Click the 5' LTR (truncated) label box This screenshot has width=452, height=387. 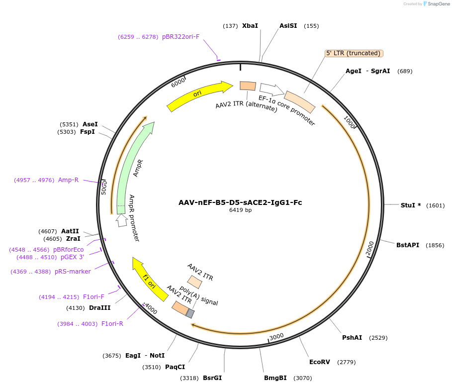tap(354, 53)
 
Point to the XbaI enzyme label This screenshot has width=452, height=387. tap(250, 26)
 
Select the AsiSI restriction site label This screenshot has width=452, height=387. tap(288, 26)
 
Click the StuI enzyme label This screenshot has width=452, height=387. tap(408, 205)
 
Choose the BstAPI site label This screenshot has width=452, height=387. tap(408, 245)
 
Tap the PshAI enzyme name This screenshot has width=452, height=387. tap(352, 338)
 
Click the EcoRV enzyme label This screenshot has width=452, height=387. tap(319, 362)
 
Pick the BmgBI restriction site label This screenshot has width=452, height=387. tap(275, 378)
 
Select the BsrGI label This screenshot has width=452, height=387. tap(212, 378)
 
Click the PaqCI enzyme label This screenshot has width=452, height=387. tap(175, 367)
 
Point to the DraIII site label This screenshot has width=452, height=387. tap(100, 308)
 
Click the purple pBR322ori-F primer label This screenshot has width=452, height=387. tap(181, 37)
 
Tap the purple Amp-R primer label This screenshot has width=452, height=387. tap(68, 180)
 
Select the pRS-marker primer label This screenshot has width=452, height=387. tap(73, 272)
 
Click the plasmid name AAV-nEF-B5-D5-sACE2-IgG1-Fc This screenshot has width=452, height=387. tap(240, 202)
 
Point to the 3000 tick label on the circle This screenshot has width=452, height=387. tap(277, 337)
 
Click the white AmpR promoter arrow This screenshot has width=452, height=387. tap(121, 220)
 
